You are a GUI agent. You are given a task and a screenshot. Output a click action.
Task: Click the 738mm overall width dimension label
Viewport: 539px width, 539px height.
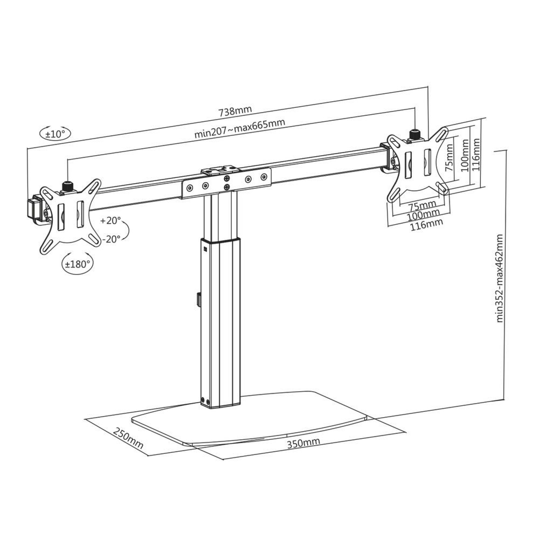235,112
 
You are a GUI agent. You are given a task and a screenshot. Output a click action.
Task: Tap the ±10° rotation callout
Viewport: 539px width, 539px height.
54,133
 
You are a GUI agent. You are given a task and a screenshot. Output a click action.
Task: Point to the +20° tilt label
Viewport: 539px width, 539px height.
110,221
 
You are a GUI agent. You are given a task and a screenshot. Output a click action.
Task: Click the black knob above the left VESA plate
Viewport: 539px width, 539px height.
68,186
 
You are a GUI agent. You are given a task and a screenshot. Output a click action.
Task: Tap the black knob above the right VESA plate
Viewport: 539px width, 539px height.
415,133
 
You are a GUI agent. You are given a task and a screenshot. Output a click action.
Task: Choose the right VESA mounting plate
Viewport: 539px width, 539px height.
418,162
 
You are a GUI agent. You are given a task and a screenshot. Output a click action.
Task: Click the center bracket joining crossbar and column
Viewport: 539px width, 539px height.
226,182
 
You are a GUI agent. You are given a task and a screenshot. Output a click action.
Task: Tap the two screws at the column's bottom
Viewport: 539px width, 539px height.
205,400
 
